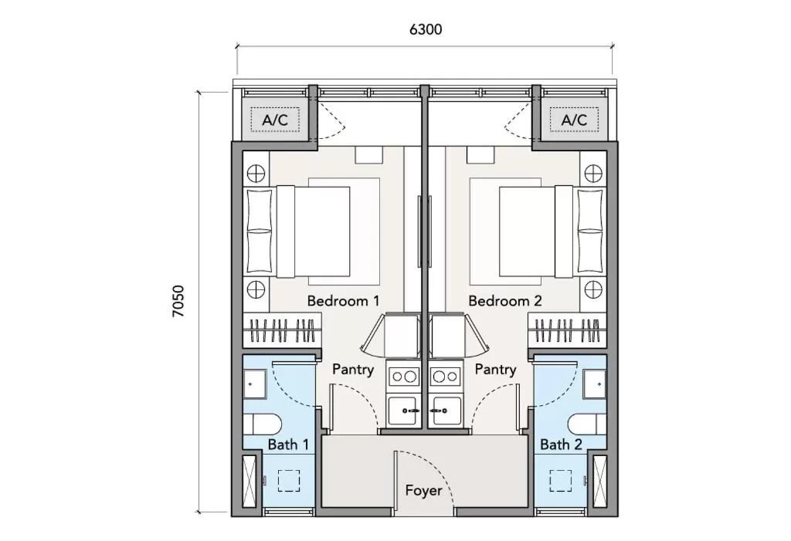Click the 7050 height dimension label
(178, 301)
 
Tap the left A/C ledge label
(275, 120)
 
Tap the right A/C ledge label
(574, 120)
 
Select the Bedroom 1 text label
(343, 300)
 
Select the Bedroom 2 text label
(505, 300)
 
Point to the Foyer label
(423, 490)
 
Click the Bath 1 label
(288, 444)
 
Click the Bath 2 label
(561, 444)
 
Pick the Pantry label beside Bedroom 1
(353, 369)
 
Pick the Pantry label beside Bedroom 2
(495, 369)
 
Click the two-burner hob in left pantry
(402, 377)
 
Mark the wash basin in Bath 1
(254, 381)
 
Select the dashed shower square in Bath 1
(288, 481)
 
